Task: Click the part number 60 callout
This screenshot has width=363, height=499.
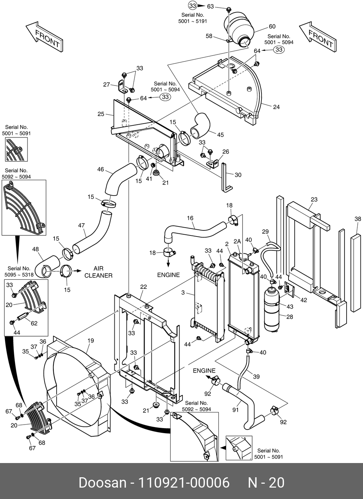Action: point(272,26)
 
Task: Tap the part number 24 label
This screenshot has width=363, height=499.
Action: point(276,107)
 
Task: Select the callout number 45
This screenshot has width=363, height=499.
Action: point(220,135)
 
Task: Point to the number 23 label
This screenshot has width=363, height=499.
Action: point(314,199)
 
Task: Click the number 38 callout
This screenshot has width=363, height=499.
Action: point(358,219)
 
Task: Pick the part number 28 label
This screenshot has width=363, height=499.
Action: point(290,317)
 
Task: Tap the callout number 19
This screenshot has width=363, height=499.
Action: point(91,341)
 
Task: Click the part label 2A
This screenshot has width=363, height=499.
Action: point(237,241)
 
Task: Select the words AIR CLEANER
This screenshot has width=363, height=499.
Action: point(98,272)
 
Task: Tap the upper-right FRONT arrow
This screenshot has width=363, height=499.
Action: point(318,37)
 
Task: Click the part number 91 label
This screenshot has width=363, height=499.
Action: point(235,410)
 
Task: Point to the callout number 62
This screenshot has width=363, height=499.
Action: point(34,323)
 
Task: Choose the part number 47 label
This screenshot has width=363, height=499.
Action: point(82,225)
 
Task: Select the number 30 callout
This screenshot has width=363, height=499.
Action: point(238,175)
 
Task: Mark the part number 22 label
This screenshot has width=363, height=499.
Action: point(143,287)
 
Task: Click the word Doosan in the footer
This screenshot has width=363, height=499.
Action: point(102,483)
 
